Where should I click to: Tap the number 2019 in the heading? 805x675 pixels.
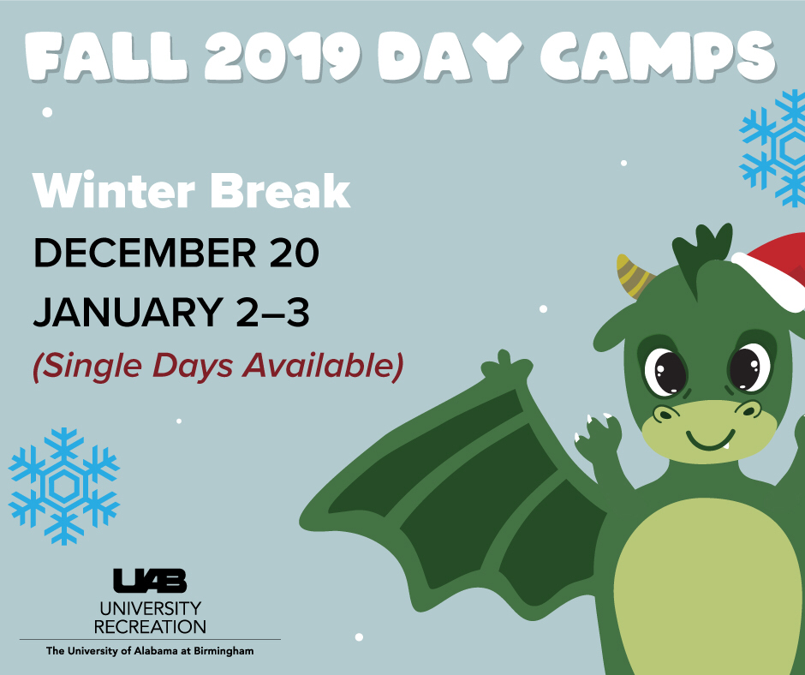283,57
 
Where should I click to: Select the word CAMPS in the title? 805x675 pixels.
658,57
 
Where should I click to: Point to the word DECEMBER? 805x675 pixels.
145,253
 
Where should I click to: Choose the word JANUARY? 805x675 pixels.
128,313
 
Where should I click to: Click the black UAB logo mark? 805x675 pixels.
150,581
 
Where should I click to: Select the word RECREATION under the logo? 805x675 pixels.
150,627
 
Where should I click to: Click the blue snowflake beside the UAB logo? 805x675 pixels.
63,487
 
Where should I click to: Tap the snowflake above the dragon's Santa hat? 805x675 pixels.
773,148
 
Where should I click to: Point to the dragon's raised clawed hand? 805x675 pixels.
597,437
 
